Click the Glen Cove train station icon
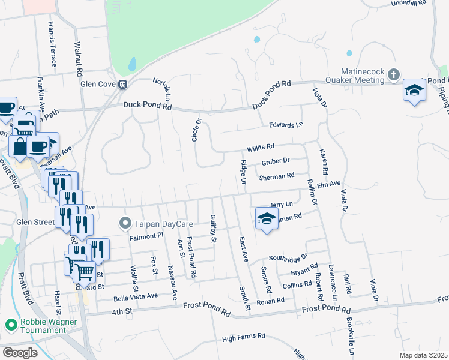click(x=122, y=85)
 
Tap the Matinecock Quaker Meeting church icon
click(x=394, y=75)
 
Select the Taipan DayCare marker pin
click(x=125, y=224)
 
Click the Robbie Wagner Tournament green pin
click(x=10, y=325)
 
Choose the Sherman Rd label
click(x=276, y=176)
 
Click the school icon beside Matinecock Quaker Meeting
click(x=414, y=90)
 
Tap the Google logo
click(x=20, y=353)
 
